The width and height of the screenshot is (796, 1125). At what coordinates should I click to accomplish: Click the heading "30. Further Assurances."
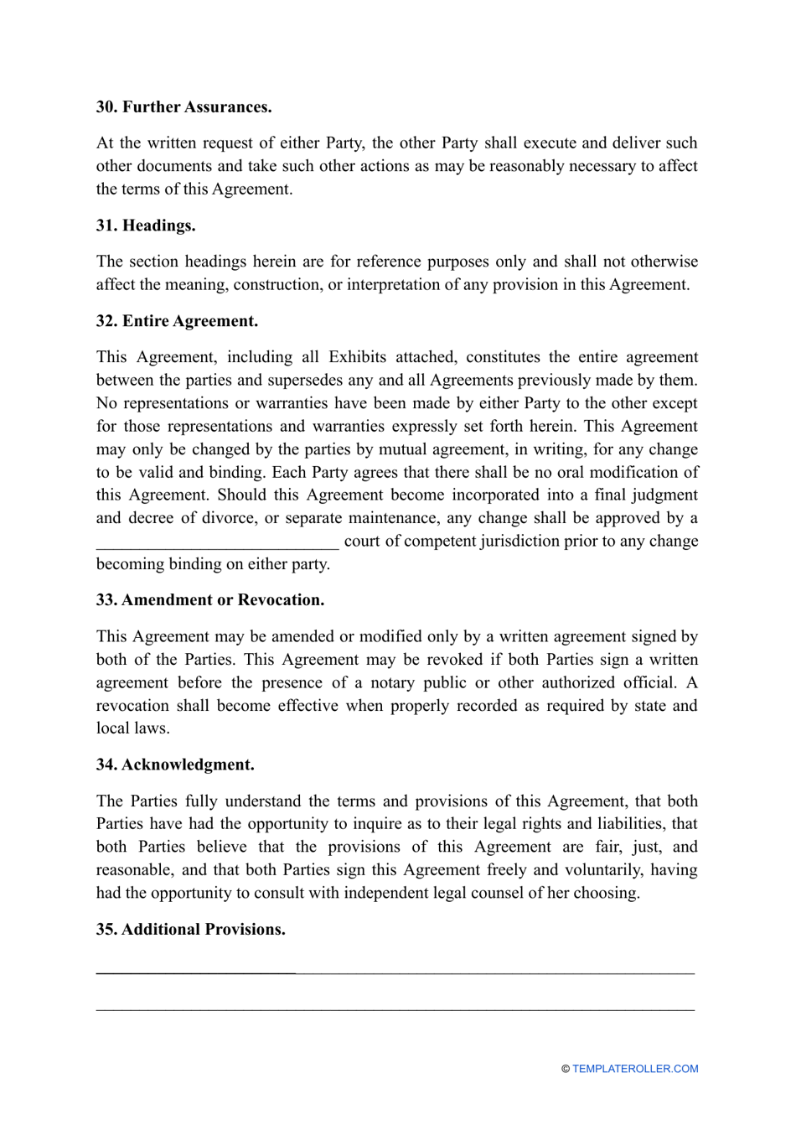[x=183, y=107]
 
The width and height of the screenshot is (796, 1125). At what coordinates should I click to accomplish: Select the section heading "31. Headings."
[x=146, y=226]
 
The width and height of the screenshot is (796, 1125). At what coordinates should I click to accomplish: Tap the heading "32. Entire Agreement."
[x=177, y=321]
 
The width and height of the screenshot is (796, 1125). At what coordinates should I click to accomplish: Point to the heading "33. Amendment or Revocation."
[x=209, y=600]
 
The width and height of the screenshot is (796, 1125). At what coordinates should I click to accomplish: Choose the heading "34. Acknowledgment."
[x=175, y=765]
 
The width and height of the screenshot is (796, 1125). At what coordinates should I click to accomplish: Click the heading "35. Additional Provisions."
[x=190, y=930]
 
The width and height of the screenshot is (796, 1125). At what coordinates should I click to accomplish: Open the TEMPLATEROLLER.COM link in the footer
[x=635, y=1069]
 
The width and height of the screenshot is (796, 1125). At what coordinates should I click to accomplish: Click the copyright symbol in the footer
[x=566, y=1069]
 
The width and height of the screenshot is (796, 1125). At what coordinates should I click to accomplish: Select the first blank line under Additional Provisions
[x=395, y=971]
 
